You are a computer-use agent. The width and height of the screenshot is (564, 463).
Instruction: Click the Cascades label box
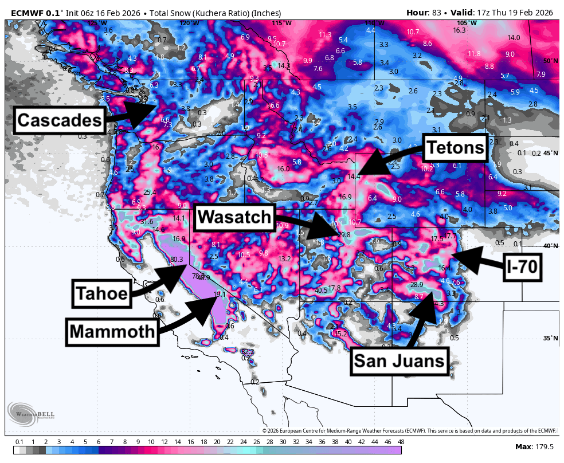pyautogui.click(x=59, y=120)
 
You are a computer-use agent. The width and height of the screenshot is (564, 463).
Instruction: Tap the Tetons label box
pyautogui.click(x=455, y=148)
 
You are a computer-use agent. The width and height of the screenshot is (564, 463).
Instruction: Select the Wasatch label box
pyautogui.click(x=234, y=217)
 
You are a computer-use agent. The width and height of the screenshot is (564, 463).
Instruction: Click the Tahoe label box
pyautogui.click(x=101, y=293)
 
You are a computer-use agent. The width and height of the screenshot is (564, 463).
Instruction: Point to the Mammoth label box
pyautogui.click(x=112, y=331)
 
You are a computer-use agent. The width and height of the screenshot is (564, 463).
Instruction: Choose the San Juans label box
pyautogui.click(x=399, y=361)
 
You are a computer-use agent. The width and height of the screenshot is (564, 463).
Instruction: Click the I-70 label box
pyautogui.click(x=523, y=269)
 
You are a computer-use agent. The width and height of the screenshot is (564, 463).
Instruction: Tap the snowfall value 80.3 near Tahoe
pyautogui.click(x=177, y=260)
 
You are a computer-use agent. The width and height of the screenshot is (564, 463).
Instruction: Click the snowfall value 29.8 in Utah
pyautogui.click(x=343, y=235)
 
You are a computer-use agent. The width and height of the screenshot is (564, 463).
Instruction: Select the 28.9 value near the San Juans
pyautogui.click(x=417, y=285)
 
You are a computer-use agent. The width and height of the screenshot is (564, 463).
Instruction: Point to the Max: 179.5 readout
pyautogui.click(x=534, y=446)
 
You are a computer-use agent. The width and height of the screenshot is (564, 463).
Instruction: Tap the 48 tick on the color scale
pyautogui.click(x=401, y=442)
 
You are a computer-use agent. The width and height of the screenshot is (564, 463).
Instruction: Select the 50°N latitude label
pyautogui.click(x=550, y=61)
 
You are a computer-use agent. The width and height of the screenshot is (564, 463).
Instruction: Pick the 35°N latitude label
pyautogui.click(x=550, y=338)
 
